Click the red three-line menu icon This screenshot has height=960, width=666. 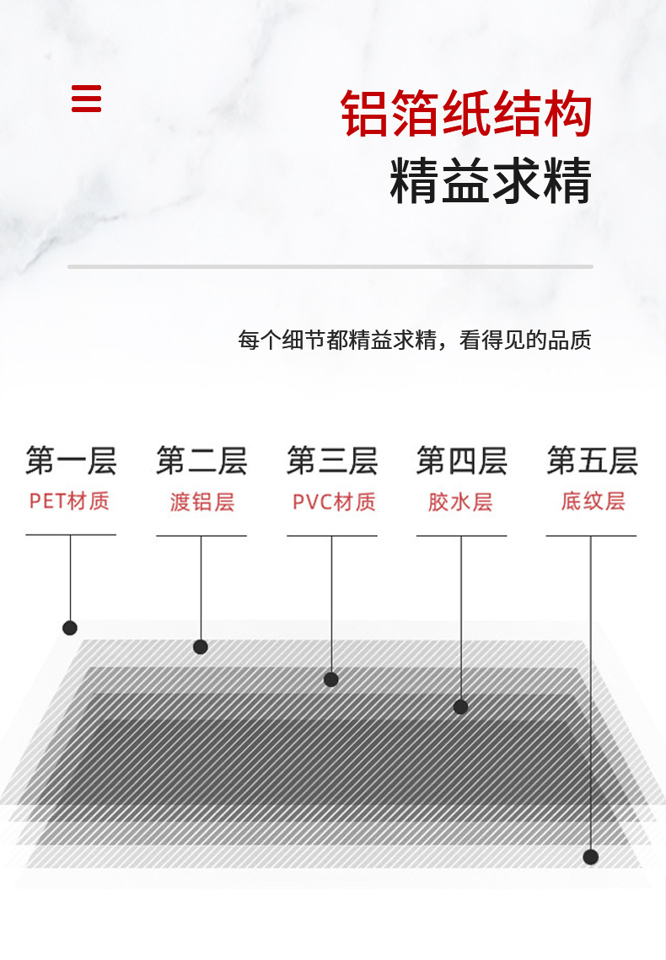coord(86,99)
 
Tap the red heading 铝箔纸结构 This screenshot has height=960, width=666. coord(466,115)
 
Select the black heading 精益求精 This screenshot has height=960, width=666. coord(491,180)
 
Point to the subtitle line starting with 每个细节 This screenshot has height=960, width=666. coord(415,341)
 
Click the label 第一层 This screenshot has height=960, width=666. coord(71,461)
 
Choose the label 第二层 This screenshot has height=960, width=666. coord(201,461)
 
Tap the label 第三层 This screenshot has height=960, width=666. coord(332,461)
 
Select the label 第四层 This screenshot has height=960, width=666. coord(462,461)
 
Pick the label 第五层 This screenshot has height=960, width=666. coord(592,461)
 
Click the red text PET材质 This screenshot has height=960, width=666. coord(70,501)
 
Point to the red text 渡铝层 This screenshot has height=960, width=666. coord(201,502)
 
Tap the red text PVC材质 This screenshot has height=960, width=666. coord(334,502)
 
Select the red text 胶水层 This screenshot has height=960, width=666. coord(460,502)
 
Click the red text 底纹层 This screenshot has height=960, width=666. coord(593,501)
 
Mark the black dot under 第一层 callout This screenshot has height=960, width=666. coord(70,628)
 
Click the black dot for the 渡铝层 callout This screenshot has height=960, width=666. coord(201,647)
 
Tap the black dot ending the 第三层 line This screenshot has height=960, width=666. coord(331,679)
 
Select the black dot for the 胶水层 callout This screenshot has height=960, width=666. coord(460,707)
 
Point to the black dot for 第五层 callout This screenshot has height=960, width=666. coord(591,857)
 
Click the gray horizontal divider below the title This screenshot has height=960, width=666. coord(330,266)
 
